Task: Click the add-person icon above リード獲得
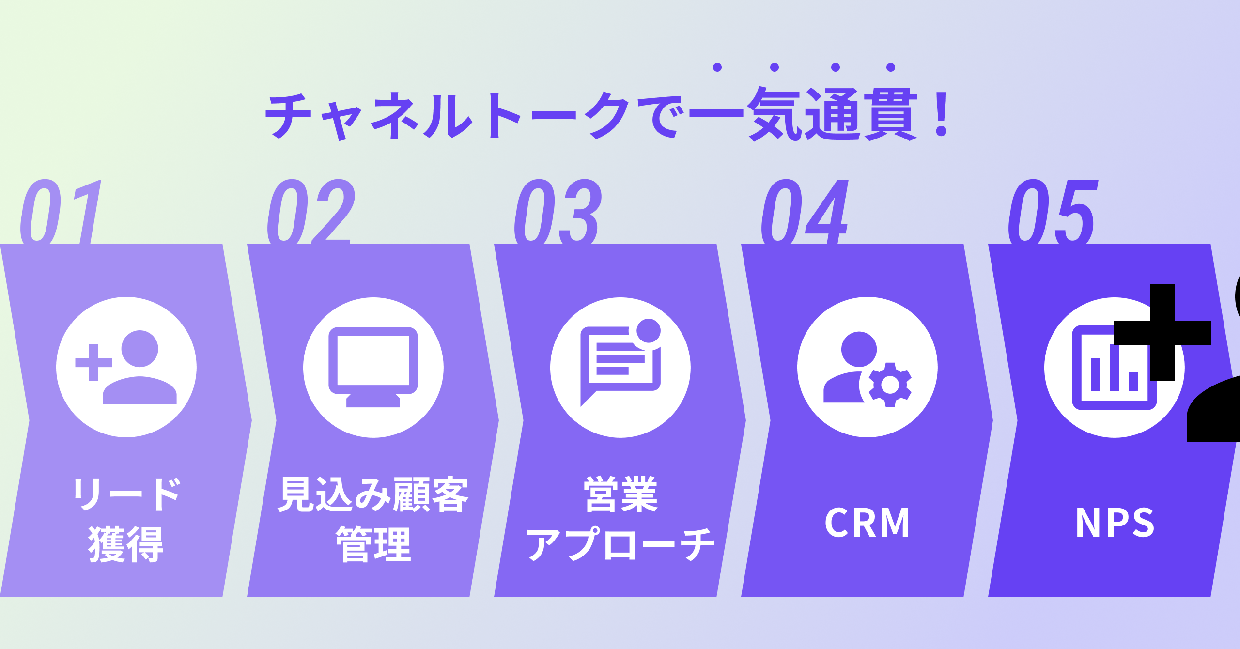pos(126,367)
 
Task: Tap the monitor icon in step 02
pos(373,367)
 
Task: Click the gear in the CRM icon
pos(890,385)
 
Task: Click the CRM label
pos(867,523)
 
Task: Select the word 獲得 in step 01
pos(126,545)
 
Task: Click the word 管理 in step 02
pos(373,545)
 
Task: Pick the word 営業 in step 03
pos(620,494)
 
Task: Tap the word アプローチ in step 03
pos(620,545)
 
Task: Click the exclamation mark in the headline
pos(942,115)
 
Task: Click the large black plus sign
pos(1162,333)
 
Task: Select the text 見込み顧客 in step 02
pos(373,494)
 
